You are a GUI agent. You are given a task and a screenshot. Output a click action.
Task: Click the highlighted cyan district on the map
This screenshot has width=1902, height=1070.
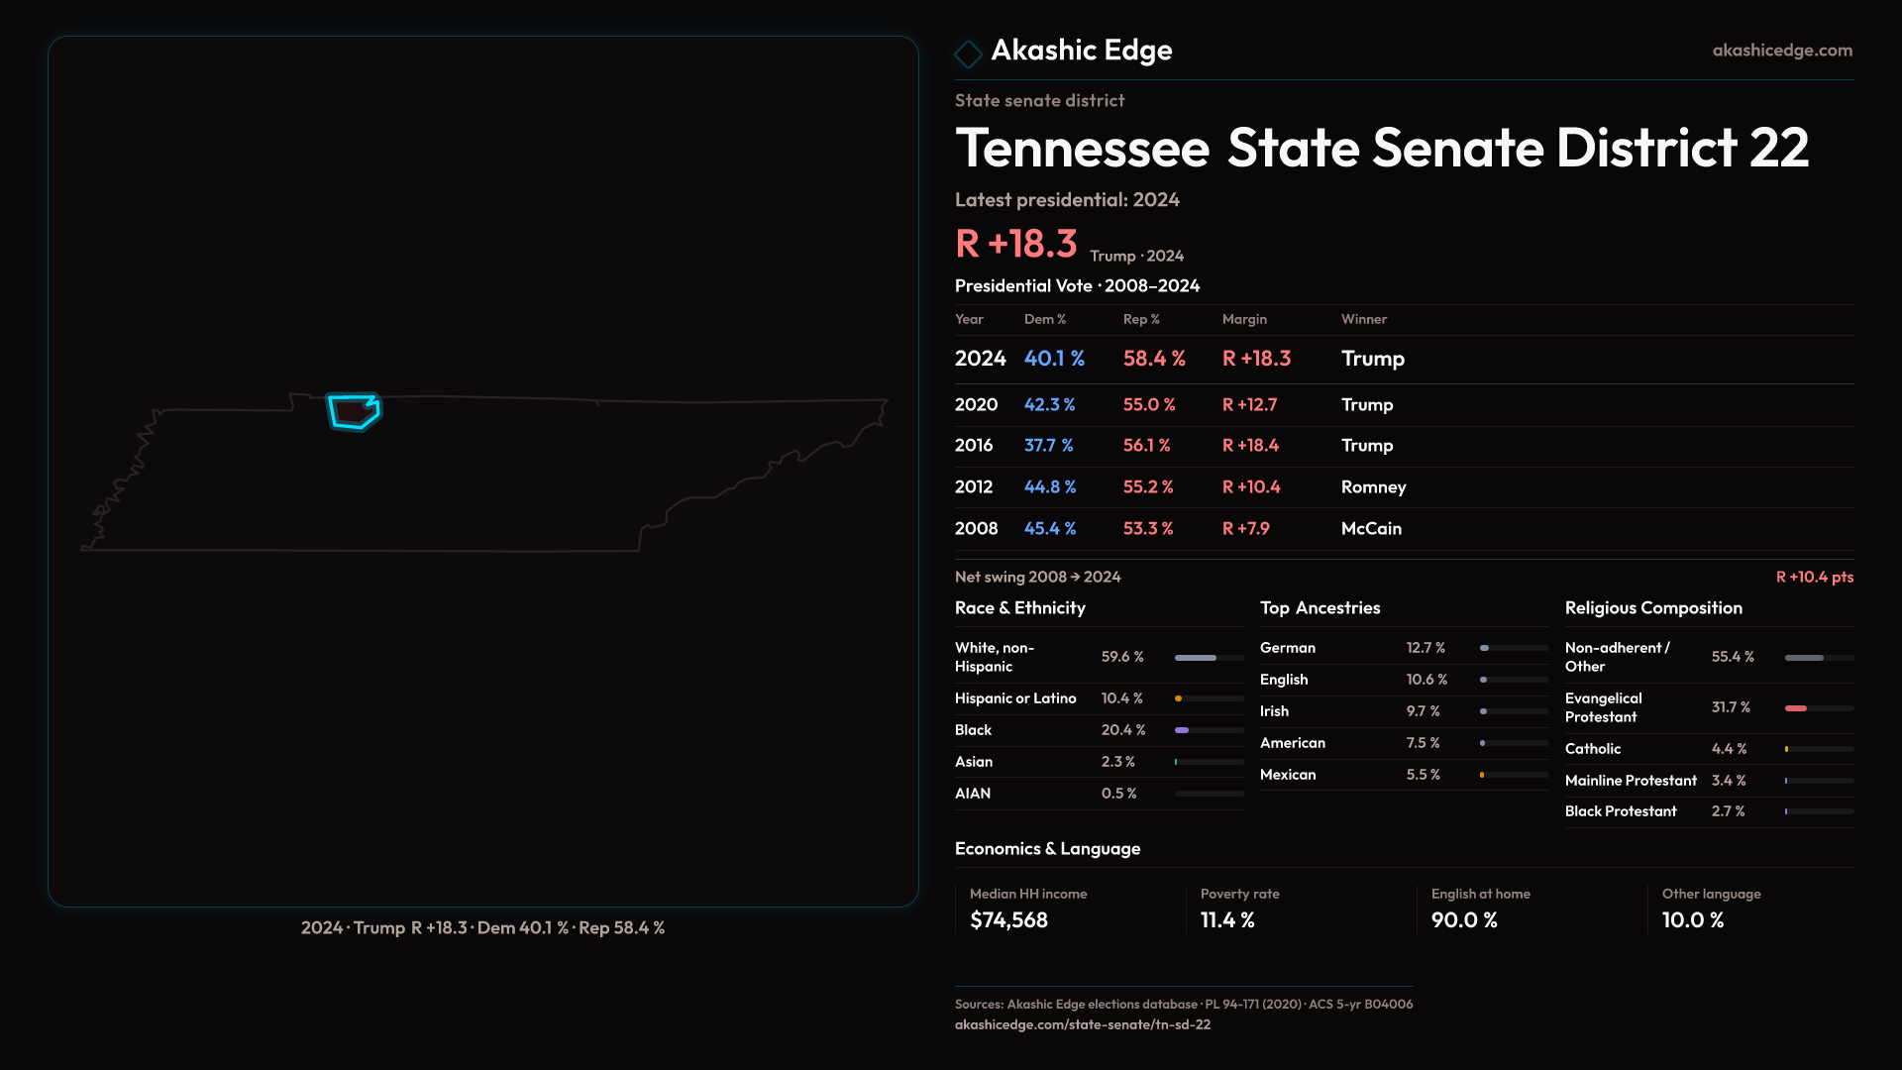point(353,411)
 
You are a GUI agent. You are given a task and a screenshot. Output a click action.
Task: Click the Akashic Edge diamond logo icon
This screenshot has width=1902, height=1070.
point(968,53)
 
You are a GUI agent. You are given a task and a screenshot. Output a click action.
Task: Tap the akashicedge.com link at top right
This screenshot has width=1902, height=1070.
point(1782,51)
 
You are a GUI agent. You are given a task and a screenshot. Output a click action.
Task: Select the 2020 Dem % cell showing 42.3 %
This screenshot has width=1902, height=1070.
point(1049,405)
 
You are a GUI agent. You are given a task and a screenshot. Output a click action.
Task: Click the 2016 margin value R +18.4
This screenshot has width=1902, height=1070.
point(1250,446)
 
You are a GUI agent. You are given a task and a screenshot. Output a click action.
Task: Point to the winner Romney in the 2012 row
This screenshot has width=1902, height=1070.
point(1373,487)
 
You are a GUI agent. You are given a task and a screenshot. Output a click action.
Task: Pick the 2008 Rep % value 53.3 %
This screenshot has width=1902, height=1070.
point(1147,529)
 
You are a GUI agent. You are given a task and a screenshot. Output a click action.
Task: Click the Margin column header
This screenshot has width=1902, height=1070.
point(1244,319)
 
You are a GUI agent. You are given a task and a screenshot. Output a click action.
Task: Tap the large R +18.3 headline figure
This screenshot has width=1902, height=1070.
point(1015,244)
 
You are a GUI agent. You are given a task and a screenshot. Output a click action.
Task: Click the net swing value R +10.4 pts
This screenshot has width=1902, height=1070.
point(1814,577)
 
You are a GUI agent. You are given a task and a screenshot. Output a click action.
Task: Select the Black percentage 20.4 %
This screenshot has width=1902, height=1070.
point(1123,730)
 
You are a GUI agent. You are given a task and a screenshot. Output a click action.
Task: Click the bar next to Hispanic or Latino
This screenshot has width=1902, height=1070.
point(1209,698)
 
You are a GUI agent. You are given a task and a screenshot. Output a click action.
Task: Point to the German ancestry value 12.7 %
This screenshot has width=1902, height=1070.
point(1426,648)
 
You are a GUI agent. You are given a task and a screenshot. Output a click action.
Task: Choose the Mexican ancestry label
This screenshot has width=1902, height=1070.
point(1288,775)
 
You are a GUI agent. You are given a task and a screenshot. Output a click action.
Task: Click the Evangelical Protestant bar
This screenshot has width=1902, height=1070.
point(1818,708)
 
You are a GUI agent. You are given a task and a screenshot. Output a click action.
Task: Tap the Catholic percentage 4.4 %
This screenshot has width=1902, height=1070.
point(1729,749)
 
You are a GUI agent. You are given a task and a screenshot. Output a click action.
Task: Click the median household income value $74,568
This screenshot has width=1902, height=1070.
point(1008,920)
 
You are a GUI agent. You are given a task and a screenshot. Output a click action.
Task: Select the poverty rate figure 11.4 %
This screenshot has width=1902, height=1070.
point(1227,920)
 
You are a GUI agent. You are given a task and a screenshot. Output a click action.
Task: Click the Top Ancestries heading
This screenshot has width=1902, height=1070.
point(1320,608)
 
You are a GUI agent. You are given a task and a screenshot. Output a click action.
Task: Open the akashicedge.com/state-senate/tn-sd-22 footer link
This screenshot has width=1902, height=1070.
point(1082,1024)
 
